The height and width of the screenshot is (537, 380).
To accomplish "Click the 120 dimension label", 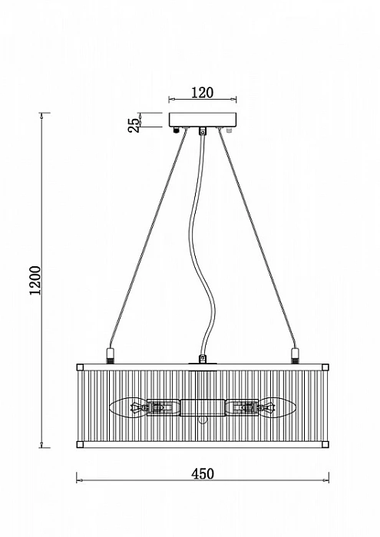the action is [202, 93].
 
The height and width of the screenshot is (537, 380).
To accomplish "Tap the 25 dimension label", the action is [134, 125].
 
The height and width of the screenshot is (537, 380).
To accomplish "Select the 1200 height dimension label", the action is [35, 280].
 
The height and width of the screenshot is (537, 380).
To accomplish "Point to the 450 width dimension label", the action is [203, 473].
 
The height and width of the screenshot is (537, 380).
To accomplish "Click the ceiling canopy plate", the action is [203, 120].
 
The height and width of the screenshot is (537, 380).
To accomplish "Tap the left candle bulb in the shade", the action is [127, 407].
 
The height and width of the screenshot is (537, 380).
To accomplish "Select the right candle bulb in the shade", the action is [278, 407].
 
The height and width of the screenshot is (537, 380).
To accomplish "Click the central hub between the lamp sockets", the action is [203, 407].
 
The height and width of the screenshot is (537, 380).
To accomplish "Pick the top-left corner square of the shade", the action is [80, 367].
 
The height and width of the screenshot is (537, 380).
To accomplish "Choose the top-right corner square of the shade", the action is [325, 367].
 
